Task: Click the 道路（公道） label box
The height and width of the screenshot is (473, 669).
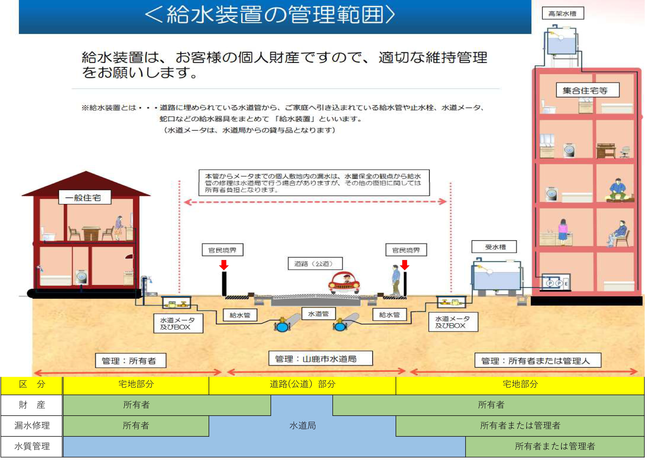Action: [x=315, y=264]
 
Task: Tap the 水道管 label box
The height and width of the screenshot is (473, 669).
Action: [x=318, y=314]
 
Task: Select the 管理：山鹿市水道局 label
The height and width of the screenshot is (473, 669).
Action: [x=320, y=359]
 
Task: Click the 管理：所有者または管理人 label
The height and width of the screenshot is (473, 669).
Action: [x=538, y=361]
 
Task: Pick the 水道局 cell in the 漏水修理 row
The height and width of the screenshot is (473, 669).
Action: [x=302, y=426]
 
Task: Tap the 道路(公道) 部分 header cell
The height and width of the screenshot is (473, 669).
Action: [x=302, y=384]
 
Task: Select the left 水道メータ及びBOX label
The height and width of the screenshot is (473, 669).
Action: [x=178, y=323]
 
